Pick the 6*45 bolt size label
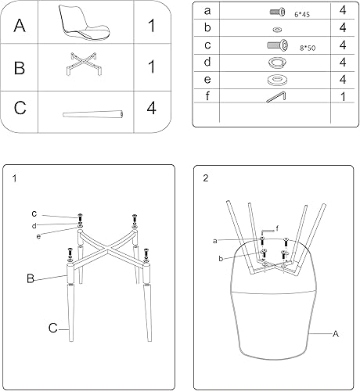(x=302, y=14)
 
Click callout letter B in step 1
(x=31, y=277)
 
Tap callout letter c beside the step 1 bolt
(x=34, y=213)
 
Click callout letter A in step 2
(x=336, y=334)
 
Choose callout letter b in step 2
(x=222, y=258)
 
